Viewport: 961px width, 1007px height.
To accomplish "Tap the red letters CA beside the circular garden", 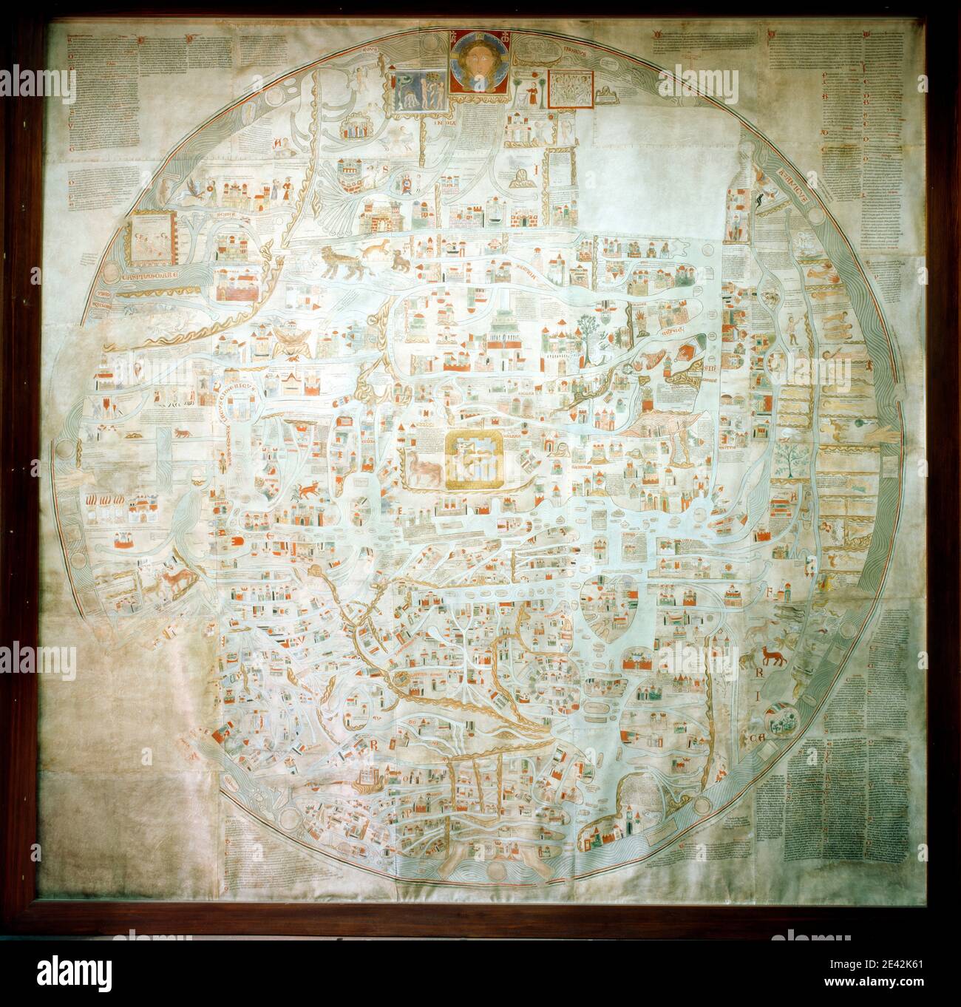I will (x=759, y=739).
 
